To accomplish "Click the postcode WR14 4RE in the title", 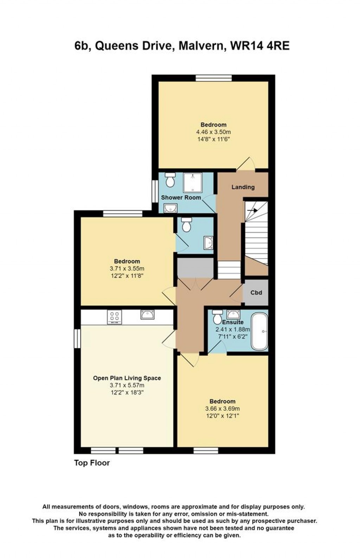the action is pos(260,46).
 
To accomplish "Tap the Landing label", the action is pos(243,187).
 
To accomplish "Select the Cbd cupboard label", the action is pos(256,292).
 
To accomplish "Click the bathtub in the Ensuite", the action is pos(259,331).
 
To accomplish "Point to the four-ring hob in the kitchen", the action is pos(114,317).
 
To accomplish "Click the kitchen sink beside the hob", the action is pos(147,314).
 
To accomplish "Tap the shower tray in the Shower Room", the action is pos(193,183).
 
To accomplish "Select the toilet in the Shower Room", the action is pos(170,180).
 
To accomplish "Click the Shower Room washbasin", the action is pos(170,208).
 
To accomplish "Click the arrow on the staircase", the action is pos(252,210).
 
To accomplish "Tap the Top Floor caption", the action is pos(92,463).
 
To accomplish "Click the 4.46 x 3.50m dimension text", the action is pos(213,132).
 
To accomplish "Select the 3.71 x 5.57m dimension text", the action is pos(127,385).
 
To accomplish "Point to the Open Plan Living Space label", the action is pos(127,378).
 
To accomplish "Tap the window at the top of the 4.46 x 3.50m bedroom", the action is pos(214,78).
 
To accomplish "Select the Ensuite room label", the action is pos(233,322).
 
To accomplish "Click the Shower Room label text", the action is pos(181,197).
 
